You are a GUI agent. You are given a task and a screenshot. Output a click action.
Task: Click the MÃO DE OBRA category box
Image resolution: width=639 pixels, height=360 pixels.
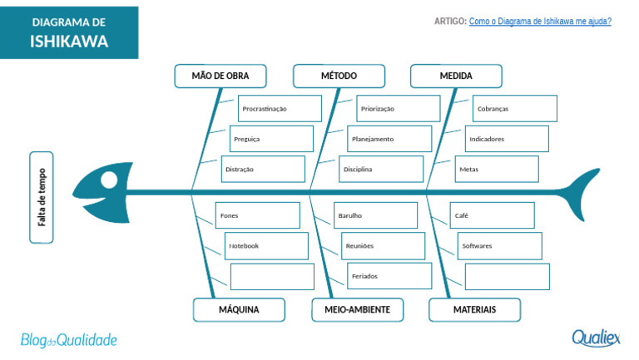click(220, 76)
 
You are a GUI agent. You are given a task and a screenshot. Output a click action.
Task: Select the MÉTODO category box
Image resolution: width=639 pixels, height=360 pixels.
click(339, 76)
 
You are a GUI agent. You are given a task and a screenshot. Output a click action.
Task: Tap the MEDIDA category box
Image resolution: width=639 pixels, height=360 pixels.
click(456, 76)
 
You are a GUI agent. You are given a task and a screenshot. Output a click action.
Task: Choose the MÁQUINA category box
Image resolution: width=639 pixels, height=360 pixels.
click(239, 310)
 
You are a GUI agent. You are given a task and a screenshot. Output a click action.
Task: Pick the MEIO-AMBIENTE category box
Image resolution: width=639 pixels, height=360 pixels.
click(358, 310)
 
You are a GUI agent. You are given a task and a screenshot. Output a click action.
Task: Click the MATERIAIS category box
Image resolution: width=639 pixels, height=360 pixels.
click(475, 310)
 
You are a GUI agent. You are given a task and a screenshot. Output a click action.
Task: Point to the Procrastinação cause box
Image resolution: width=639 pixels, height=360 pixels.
click(280, 109)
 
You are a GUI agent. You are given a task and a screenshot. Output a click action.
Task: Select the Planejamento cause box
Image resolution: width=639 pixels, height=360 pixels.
click(389, 139)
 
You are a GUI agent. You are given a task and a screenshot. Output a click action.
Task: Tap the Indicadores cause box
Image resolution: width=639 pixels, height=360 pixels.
click(507, 139)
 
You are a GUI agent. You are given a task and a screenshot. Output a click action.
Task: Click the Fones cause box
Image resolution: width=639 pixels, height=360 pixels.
click(258, 215)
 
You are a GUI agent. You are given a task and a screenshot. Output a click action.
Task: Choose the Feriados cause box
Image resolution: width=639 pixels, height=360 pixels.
click(389, 276)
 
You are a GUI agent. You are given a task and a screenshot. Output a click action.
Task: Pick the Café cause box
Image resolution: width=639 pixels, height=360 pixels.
click(493, 215)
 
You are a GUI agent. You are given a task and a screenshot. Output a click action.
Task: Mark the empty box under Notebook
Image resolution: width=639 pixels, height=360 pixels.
click(272, 277)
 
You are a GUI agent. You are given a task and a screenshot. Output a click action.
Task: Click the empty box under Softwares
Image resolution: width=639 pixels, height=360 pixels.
click(508, 277)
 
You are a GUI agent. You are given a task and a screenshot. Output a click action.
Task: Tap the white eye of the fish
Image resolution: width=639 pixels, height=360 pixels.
click(109, 180)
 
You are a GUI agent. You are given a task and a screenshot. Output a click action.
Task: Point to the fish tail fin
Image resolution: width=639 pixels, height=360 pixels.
click(581, 193)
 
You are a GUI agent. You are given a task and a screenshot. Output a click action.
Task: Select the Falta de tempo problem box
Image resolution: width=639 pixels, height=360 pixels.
click(42, 198)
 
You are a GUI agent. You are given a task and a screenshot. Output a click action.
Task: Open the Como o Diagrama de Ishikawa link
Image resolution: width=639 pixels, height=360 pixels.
click(540, 21)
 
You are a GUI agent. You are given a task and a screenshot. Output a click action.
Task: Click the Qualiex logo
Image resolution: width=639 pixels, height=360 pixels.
click(596, 338)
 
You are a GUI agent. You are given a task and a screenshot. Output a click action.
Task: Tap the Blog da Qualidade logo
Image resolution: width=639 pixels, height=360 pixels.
click(69, 340)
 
